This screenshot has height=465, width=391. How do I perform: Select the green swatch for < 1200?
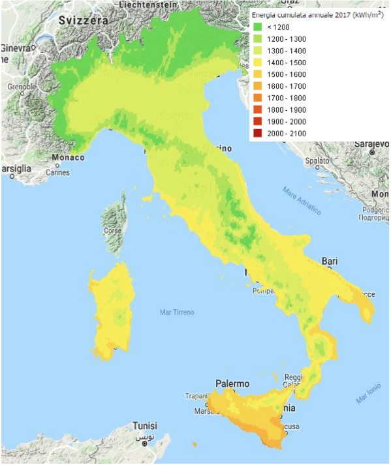tap(258, 27)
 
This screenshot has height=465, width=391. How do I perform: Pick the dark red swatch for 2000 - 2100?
tap(258, 134)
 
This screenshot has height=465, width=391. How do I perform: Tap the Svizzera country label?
tap(83, 21)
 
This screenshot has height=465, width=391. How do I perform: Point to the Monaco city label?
tap(68, 158)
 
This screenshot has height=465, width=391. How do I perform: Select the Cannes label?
tap(57, 173)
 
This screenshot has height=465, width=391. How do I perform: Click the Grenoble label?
tap(22, 86)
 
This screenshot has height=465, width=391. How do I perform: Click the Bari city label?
tap(330, 262)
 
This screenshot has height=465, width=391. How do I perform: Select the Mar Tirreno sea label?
tap(177, 312)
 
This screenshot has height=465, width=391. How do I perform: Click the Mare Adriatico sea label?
tap(302, 200)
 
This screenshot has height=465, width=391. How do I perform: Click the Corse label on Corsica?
tap(112, 230)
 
